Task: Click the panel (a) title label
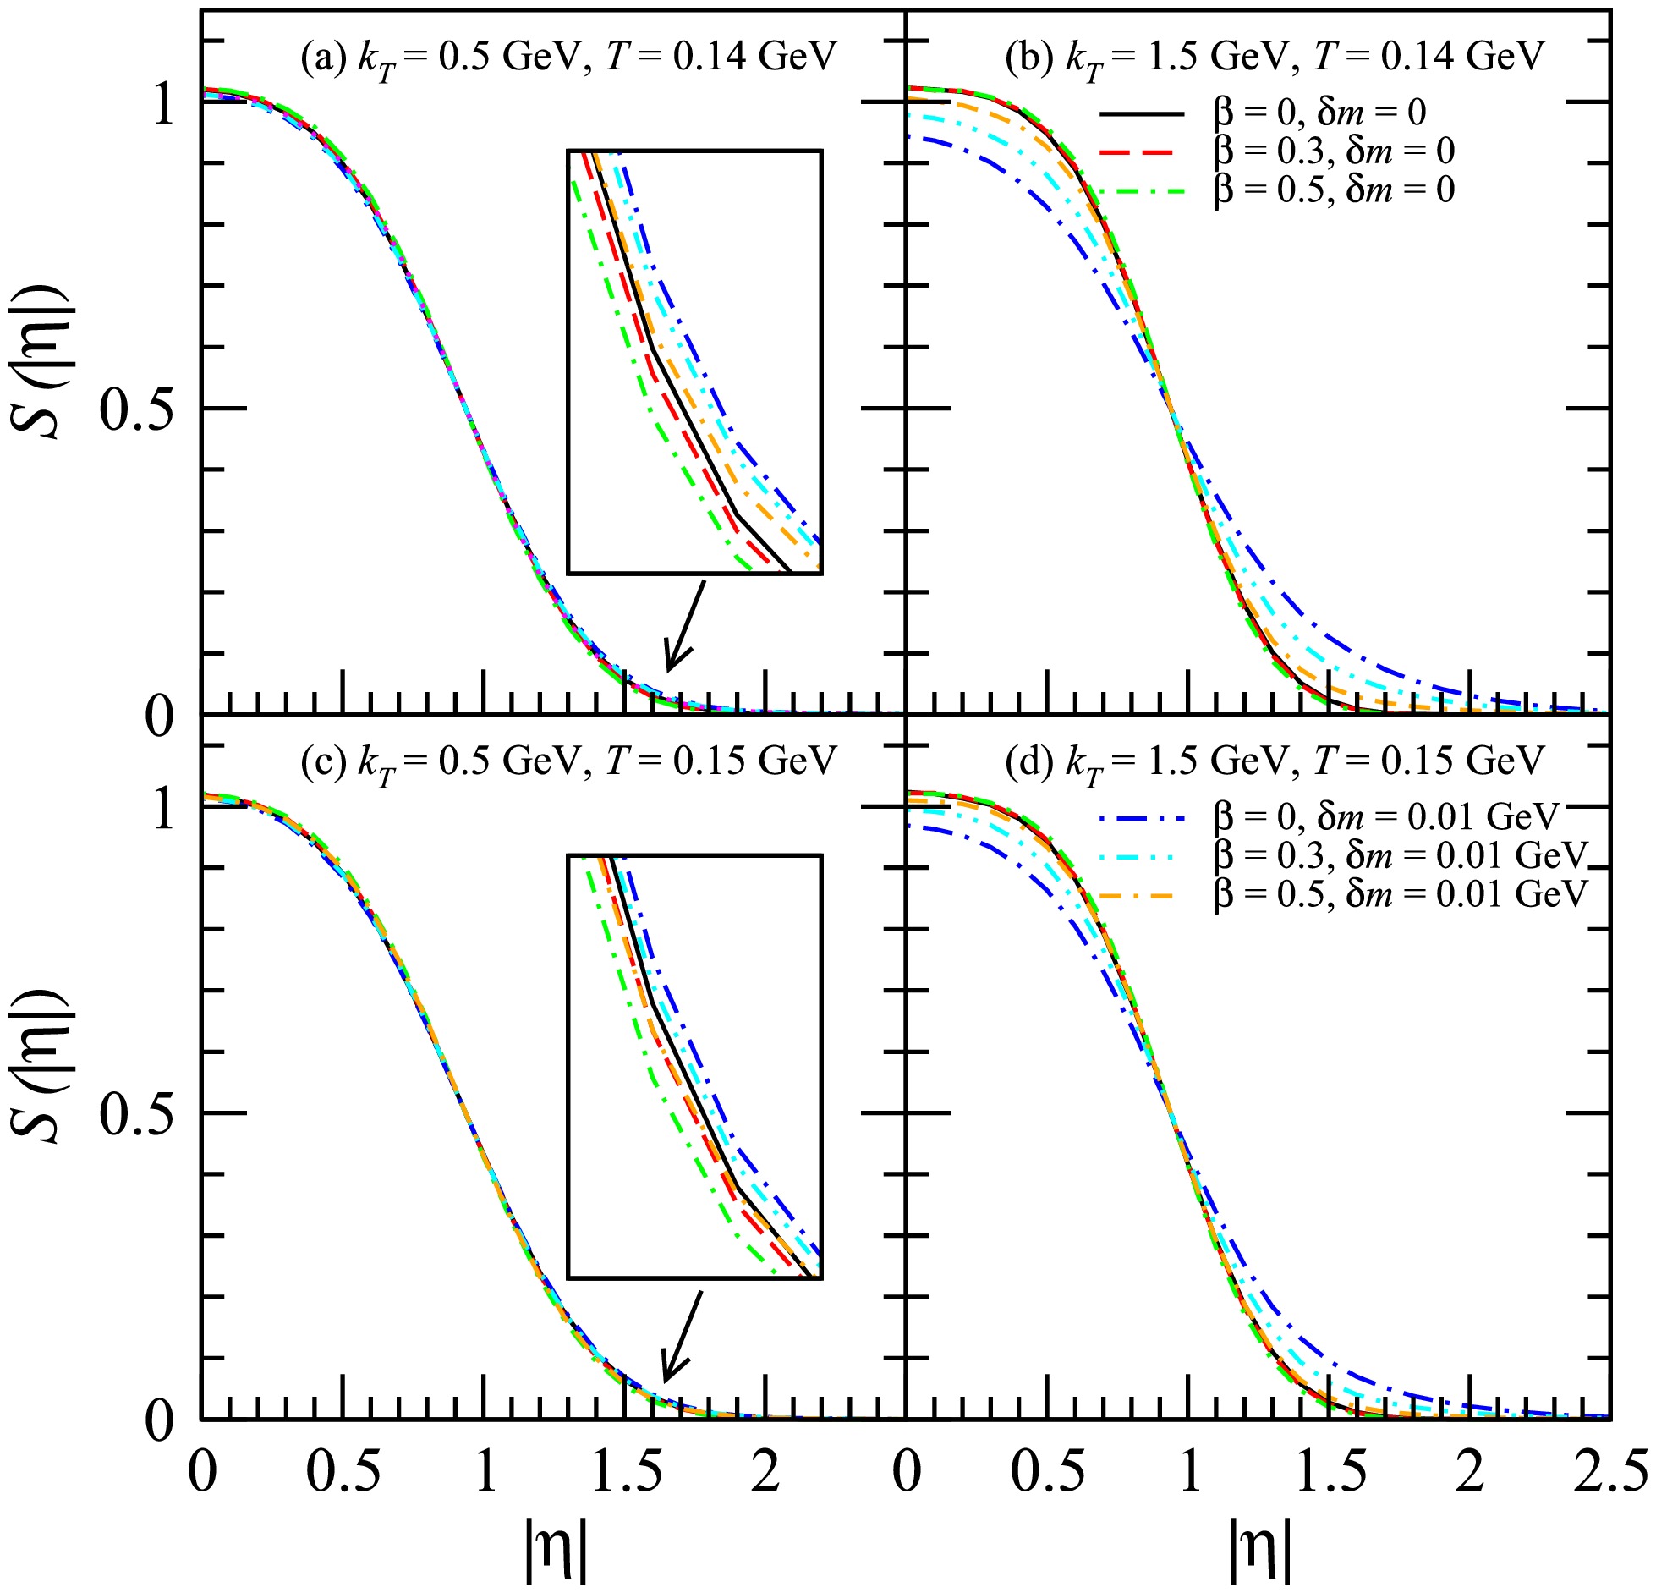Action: [x=568, y=58]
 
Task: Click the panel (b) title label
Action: [x=1275, y=58]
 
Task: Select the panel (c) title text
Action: [x=568, y=761]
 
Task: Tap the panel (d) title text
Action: [x=1275, y=761]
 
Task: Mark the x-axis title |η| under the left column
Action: [x=555, y=1550]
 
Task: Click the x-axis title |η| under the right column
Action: [x=1259, y=1550]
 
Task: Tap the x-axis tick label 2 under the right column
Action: [x=1471, y=1472]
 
